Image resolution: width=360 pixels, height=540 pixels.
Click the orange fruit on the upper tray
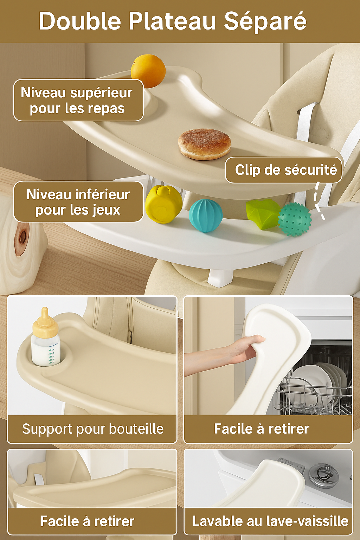coord(148,71)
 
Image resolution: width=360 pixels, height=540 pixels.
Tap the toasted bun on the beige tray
coord(205,144)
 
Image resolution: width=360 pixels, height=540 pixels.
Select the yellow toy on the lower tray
coord(164,204)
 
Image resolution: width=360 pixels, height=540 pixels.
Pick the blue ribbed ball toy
coord(205,216)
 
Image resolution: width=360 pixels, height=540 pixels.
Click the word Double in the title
coord(80,21)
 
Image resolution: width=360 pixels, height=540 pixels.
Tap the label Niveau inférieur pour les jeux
coord(78,202)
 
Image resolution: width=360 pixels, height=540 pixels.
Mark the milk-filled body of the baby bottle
coord(46,350)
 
